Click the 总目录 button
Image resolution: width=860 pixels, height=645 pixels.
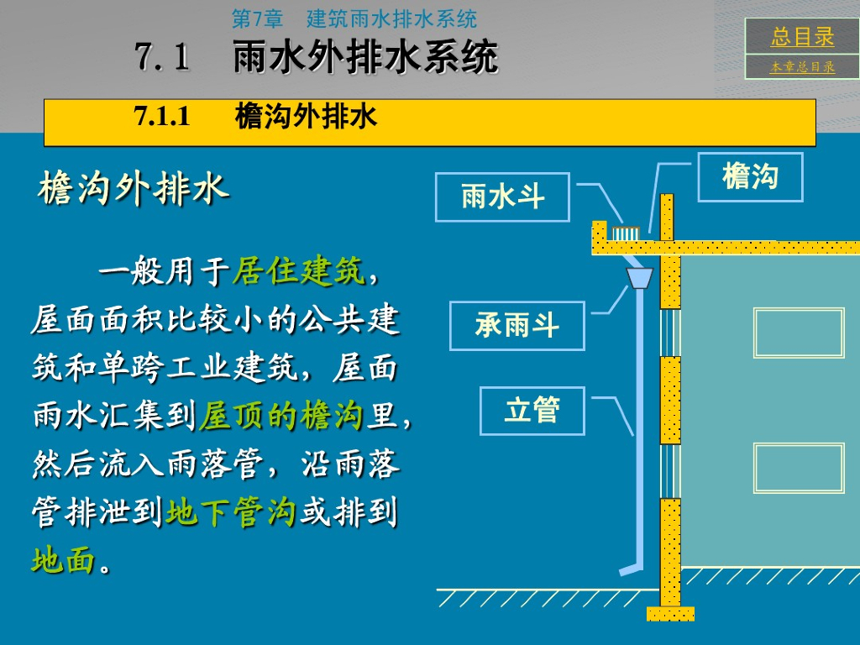802,37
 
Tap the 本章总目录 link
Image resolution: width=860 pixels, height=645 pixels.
802,67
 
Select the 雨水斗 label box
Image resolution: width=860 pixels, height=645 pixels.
502,197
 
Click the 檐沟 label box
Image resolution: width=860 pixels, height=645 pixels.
750,177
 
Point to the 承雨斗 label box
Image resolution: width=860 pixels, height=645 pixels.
517,326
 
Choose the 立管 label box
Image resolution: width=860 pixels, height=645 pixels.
532,411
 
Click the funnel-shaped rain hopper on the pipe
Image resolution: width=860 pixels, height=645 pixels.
640,277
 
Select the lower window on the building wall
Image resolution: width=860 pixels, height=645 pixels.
798,468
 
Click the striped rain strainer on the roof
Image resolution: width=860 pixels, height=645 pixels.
626,233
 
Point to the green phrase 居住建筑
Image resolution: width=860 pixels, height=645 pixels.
298,271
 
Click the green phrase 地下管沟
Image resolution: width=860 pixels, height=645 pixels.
231,512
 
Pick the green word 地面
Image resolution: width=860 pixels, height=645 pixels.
63,560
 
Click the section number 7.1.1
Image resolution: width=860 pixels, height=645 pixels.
163,117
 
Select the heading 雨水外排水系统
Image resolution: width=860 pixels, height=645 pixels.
365,58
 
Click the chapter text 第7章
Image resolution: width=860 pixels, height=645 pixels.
258,18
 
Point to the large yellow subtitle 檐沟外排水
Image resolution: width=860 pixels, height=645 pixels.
134,189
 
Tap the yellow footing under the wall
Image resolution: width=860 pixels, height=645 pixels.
670,613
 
